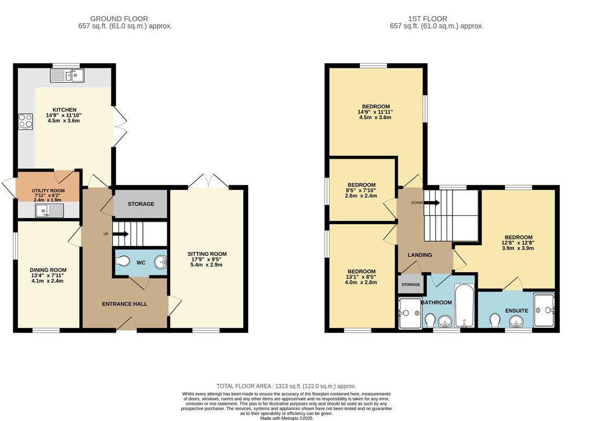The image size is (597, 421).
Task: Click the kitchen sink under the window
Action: coord(67,76)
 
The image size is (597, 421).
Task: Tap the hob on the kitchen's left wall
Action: coord(25,122)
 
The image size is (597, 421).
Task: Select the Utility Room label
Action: coord(48,190)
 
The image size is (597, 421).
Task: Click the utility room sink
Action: coord(48,211)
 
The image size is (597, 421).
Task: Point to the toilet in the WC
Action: coord(123,261)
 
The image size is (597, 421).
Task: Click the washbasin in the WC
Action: coord(160,262)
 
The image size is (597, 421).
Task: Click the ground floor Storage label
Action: coord(141,204)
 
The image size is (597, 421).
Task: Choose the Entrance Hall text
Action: coord(125,304)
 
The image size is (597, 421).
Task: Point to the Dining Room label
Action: coord(48,270)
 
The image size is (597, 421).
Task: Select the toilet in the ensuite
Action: coord(495,320)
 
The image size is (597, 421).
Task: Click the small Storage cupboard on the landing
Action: coord(410,284)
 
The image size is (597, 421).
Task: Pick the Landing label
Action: coord(420,255)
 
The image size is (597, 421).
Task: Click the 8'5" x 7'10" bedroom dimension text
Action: coord(361,190)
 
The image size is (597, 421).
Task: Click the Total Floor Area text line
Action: coord(286,386)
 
